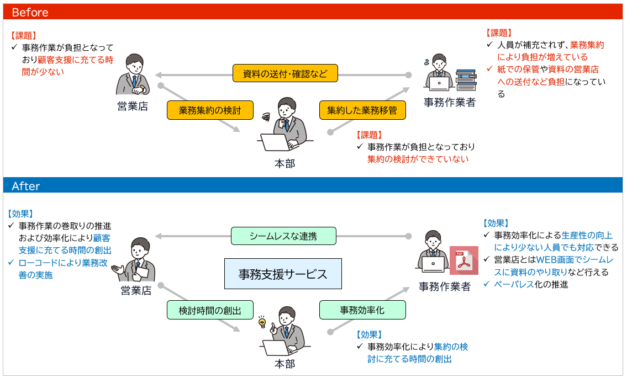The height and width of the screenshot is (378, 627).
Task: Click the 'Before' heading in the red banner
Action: point(30,12)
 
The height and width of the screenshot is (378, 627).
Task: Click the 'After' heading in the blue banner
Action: point(25,186)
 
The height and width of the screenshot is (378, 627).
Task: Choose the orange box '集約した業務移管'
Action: point(362,110)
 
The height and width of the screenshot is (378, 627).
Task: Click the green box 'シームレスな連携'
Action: point(283,236)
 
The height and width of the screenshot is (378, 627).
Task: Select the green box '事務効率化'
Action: point(362,310)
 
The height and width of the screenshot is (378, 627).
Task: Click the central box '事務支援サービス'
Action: point(283,274)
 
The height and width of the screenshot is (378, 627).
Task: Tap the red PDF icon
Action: point(464,260)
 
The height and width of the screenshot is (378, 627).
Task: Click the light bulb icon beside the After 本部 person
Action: point(262,322)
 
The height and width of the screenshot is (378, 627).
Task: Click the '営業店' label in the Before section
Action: point(133,107)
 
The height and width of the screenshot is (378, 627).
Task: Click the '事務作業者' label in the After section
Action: point(444,286)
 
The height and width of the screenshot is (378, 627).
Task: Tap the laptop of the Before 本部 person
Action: point(276,142)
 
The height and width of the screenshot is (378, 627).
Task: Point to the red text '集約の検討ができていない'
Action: point(418,159)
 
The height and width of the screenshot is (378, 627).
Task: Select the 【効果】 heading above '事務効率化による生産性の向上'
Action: point(496,223)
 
